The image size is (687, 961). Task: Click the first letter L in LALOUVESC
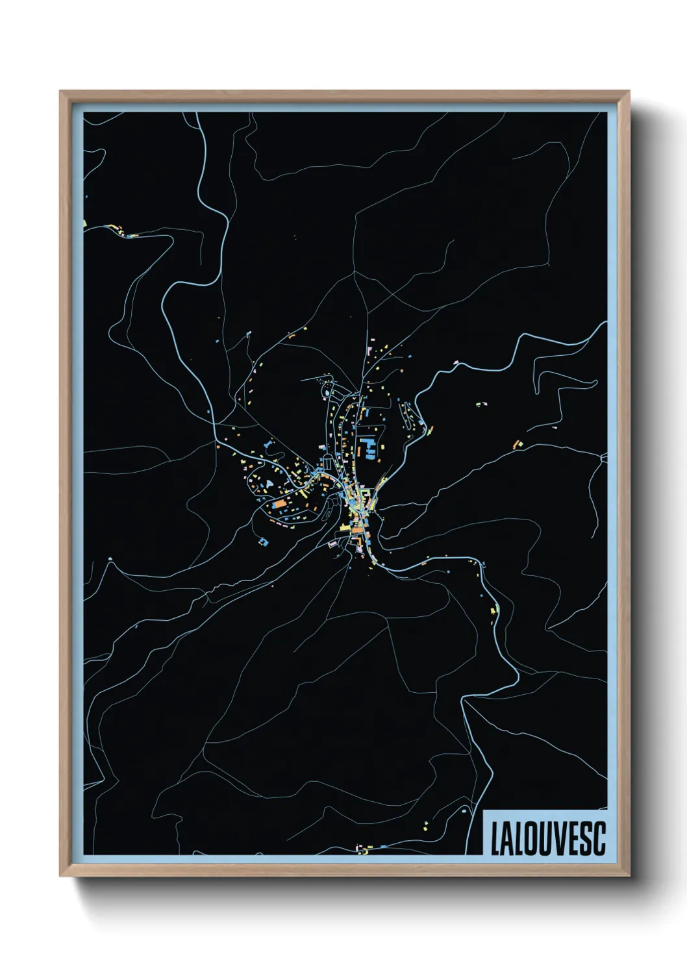[x=495, y=839]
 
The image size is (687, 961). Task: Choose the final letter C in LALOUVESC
[x=600, y=839]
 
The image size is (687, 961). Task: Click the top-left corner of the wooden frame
[x=60, y=92]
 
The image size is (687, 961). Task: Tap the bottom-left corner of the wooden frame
[x=60, y=877]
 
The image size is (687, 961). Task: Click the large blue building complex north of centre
[x=368, y=448]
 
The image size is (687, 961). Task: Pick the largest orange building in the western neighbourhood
[x=279, y=503]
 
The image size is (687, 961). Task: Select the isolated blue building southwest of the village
[x=263, y=540]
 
